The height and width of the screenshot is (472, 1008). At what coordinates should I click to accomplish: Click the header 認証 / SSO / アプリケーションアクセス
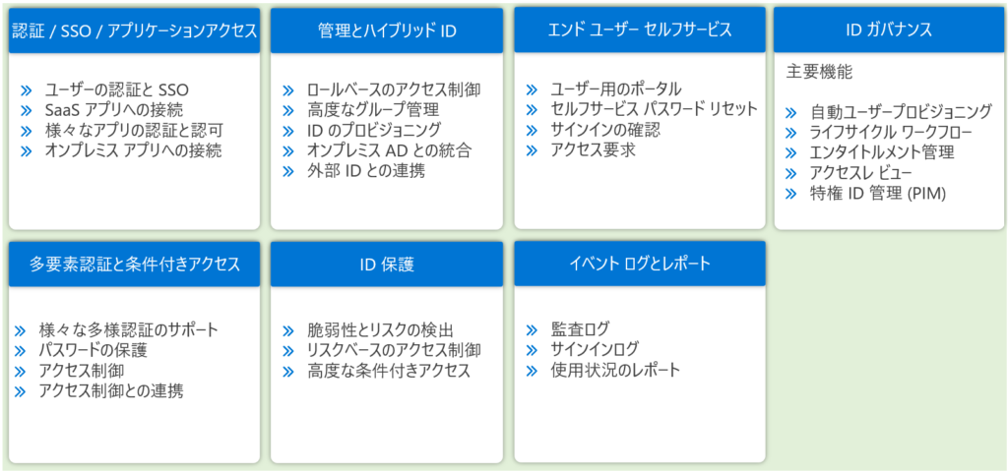(x=134, y=30)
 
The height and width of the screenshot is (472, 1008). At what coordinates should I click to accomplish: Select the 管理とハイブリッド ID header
(x=387, y=30)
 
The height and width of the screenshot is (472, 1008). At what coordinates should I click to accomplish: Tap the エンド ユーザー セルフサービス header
(x=640, y=30)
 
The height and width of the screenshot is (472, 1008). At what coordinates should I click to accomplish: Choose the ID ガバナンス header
(x=889, y=30)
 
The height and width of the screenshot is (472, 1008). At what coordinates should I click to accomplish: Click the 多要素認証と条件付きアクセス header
(x=134, y=264)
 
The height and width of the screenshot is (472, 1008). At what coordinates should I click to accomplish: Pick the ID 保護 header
(x=387, y=264)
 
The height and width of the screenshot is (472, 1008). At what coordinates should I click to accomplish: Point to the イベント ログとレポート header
(x=640, y=264)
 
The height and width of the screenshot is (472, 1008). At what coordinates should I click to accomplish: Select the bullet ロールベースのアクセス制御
(x=394, y=89)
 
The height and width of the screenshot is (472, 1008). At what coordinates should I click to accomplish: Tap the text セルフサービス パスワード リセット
(x=654, y=108)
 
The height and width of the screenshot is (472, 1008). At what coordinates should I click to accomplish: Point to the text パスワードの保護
(x=93, y=351)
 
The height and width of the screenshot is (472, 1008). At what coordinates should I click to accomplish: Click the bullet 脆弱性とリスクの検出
(x=381, y=330)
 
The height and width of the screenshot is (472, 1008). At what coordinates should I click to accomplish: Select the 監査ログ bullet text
(x=579, y=329)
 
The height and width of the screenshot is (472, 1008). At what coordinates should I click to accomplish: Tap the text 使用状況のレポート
(x=614, y=371)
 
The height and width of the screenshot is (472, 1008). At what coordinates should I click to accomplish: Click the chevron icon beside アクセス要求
(x=532, y=150)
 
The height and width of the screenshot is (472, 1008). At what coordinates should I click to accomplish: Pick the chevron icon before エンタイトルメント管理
(x=792, y=152)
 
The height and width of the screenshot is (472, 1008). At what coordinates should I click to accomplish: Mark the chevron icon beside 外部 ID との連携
(x=288, y=171)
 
